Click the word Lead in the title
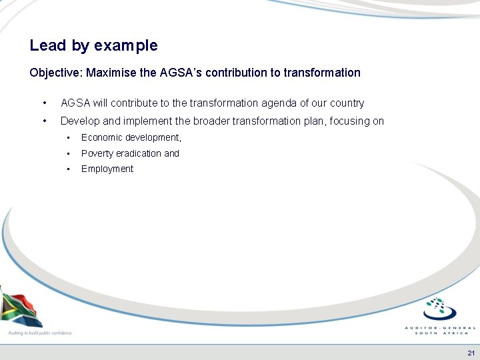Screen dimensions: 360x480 (x=47, y=46)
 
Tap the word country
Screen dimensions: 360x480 (x=347, y=103)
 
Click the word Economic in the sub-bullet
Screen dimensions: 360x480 (x=101, y=138)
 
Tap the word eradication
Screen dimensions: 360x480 (x=140, y=153)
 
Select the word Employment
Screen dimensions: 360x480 (x=107, y=169)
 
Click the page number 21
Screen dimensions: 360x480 (x=471, y=352)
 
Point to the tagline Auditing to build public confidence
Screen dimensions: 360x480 (x=39, y=333)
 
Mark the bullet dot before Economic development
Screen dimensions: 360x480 (x=68, y=138)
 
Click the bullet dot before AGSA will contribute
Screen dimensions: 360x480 (x=44, y=103)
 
